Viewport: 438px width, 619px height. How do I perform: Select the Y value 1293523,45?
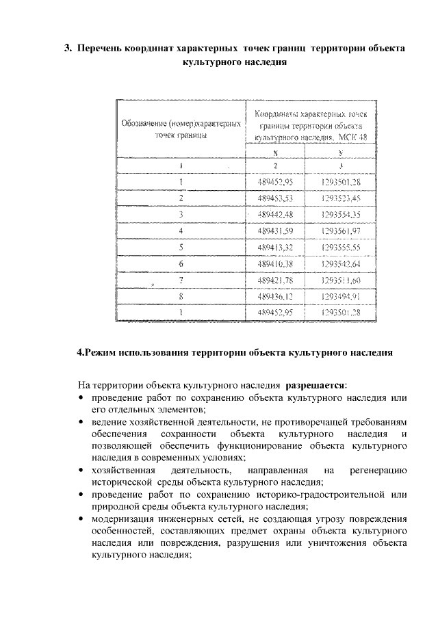click(x=340, y=198)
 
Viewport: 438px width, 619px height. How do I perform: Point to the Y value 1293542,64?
click(x=340, y=263)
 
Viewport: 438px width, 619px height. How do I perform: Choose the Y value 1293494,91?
click(x=340, y=296)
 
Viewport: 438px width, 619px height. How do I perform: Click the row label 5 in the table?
click(x=181, y=247)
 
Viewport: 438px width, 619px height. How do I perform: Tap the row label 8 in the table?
click(x=181, y=296)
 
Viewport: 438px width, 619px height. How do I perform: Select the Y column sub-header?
click(x=340, y=153)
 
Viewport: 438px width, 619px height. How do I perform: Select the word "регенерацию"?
click(x=378, y=471)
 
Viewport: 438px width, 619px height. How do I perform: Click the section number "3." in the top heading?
click(x=68, y=49)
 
